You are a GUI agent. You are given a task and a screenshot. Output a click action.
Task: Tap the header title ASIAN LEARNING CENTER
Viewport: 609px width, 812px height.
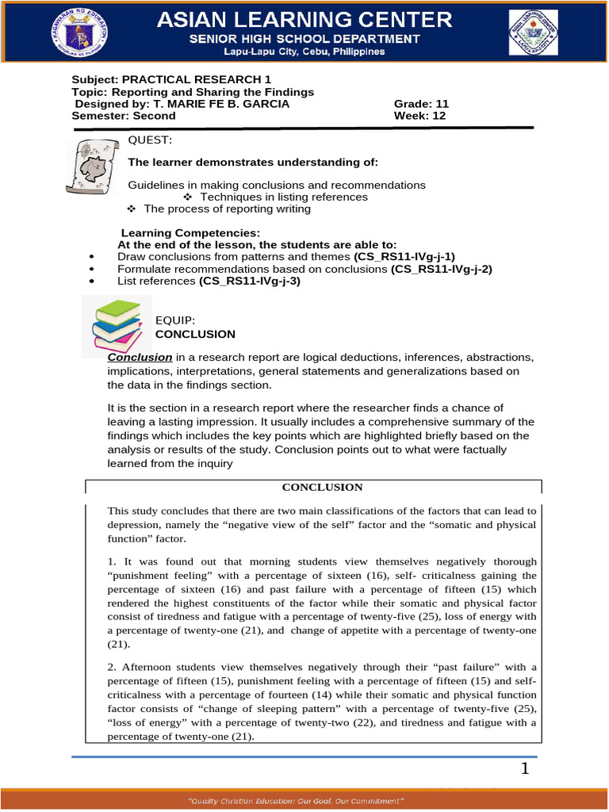click(x=304, y=19)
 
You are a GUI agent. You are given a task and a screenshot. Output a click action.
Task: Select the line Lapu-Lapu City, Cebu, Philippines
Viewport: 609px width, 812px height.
click(x=304, y=52)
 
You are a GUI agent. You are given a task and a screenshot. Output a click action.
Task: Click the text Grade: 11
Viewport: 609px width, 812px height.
click(x=421, y=104)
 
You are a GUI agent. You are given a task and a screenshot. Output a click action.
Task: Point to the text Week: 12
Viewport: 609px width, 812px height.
click(x=420, y=115)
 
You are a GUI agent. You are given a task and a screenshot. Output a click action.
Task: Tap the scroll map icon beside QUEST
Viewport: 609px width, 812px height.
click(x=91, y=165)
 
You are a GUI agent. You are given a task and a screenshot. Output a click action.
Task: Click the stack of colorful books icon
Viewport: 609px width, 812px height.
click(x=119, y=325)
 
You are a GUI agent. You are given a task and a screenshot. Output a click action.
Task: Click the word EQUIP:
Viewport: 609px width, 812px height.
click(x=174, y=321)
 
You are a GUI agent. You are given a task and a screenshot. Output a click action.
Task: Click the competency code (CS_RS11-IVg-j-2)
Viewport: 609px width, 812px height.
click(x=442, y=269)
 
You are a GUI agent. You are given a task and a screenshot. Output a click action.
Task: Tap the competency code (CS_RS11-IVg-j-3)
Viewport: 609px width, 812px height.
click(x=250, y=281)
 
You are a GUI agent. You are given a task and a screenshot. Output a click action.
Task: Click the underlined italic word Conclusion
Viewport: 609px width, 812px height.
click(x=140, y=357)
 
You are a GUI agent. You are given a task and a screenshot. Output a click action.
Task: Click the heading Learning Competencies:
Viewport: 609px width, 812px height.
click(x=190, y=233)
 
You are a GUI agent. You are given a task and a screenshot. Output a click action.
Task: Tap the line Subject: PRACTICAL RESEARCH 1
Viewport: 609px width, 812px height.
click(x=171, y=80)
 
